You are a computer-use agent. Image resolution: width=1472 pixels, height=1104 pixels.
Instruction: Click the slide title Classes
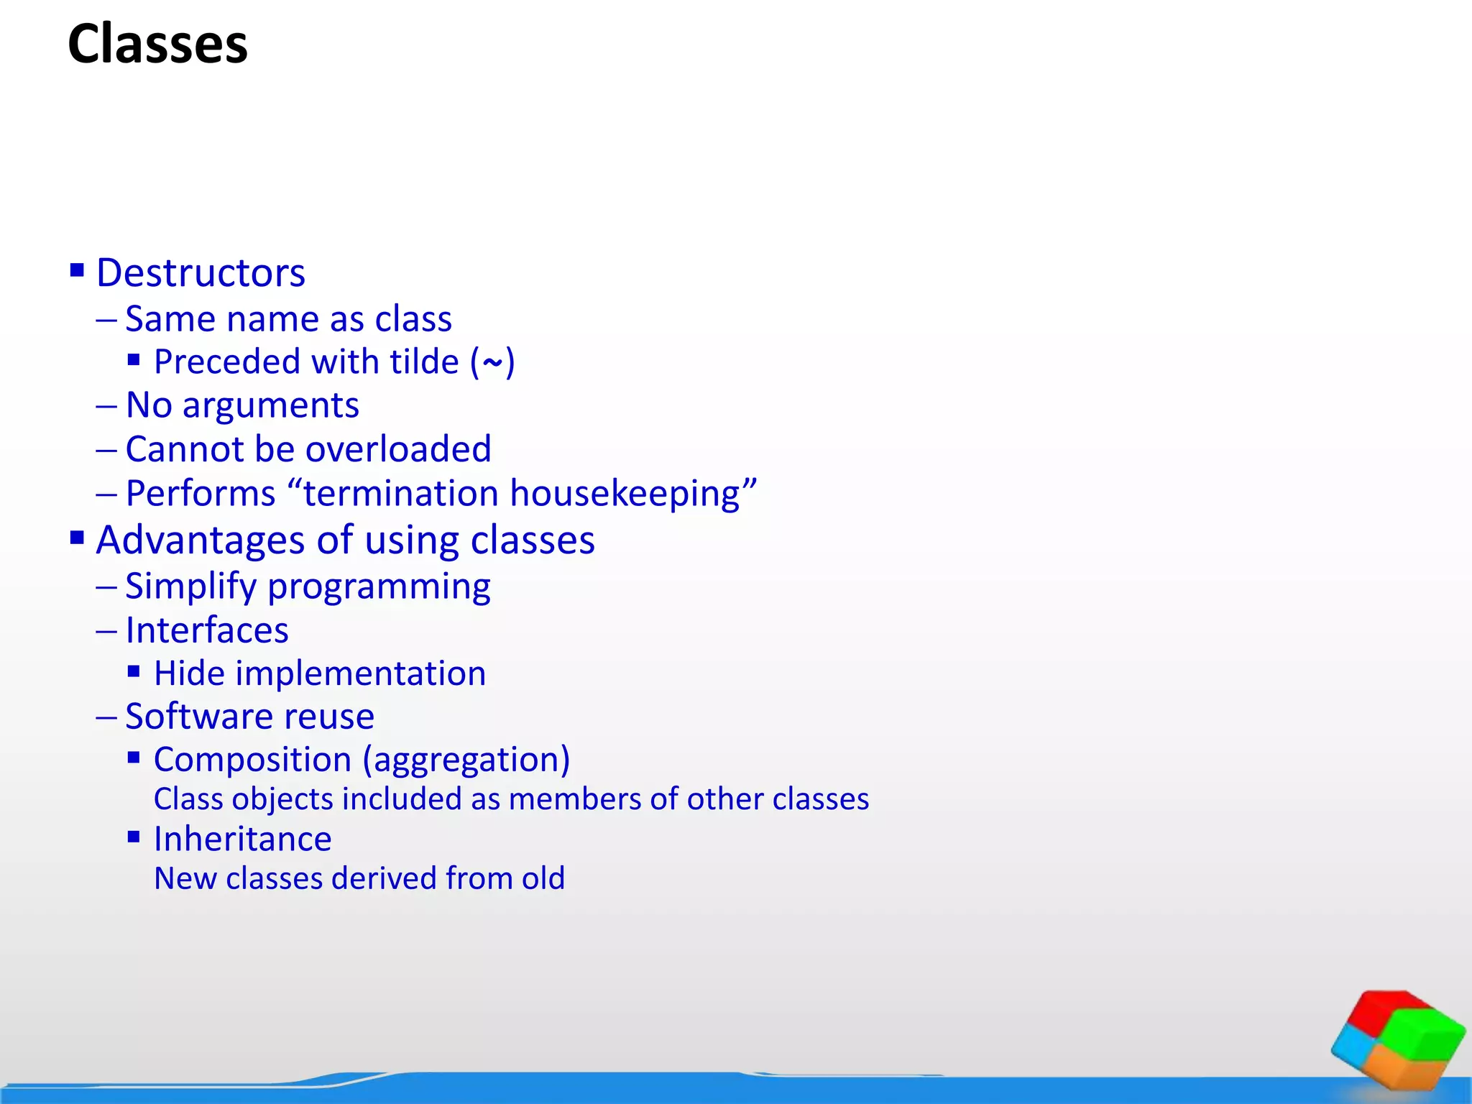point(157,45)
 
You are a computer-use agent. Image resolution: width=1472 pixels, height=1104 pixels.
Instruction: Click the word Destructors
point(201,273)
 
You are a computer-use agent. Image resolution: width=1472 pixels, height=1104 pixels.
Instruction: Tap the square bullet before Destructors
point(77,270)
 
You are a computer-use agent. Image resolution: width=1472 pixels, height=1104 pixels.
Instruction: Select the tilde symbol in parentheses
point(492,363)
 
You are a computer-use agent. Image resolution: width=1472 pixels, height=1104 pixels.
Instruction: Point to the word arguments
point(270,406)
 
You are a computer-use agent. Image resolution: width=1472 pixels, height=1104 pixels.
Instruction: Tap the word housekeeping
point(625,494)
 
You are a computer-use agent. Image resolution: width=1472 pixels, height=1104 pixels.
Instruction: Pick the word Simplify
point(190,586)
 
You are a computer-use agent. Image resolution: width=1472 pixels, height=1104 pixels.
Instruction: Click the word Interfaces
point(207,630)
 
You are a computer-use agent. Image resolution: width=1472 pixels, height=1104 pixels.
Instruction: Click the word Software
point(199,717)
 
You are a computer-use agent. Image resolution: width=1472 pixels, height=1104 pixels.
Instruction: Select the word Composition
point(252,760)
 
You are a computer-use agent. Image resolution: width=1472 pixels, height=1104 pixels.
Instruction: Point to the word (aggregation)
point(466,760)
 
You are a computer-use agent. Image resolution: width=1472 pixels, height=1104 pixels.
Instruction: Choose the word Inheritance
point(242,839)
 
